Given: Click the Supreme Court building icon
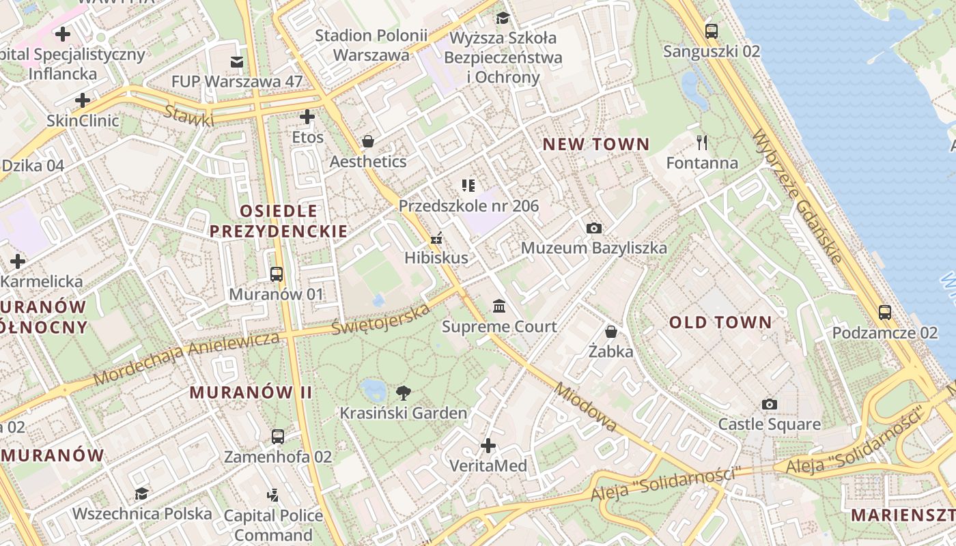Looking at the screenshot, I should [499, 306].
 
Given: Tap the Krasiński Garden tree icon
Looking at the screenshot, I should [404, 392].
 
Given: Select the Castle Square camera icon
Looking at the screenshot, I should [770, 404].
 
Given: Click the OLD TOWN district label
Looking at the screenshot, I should [720, 322].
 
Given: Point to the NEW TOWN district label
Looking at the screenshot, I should [595, 144].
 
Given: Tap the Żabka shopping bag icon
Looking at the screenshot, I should [611, 332].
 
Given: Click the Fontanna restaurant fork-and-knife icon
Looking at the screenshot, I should [702, 142].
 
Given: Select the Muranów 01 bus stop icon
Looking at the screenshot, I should [277, 274].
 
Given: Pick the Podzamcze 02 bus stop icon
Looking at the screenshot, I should [885, 313].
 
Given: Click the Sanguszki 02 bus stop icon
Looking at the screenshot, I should [712, 31].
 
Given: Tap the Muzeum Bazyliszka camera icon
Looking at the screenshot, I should [594, 228].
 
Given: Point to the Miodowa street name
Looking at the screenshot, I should [586, 407].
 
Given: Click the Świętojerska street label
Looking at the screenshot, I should [381, 319].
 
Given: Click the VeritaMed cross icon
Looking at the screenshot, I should [488, 446].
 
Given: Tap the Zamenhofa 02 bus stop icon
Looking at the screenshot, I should [278, 437].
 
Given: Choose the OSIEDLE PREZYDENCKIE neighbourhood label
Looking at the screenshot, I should [279, 221].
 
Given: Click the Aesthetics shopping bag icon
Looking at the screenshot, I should [368, 141].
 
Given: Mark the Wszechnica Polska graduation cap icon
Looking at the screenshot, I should [141, 493].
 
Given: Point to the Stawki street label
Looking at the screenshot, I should [188, 115].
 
